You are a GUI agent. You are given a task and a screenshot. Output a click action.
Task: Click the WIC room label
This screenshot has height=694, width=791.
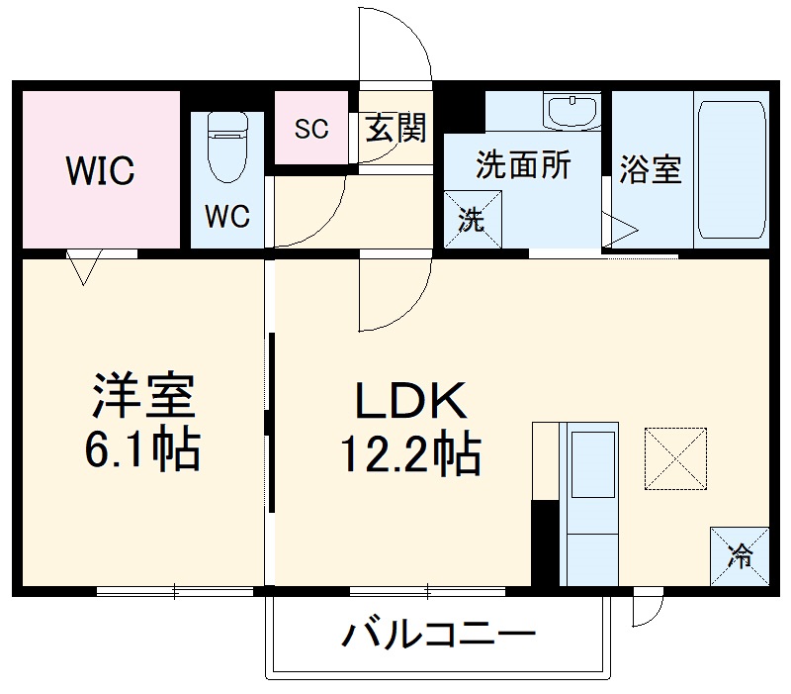(100, 170)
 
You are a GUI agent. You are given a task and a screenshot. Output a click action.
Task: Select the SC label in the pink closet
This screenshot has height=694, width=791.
(311, 129)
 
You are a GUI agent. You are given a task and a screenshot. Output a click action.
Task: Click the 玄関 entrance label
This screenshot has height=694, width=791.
(395, 128)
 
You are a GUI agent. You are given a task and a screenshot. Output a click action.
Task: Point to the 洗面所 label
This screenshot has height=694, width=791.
(523, 165)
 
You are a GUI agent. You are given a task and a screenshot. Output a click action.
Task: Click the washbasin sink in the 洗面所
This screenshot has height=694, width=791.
(572, 111)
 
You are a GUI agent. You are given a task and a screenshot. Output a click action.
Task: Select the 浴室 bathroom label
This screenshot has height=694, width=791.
(651, 169)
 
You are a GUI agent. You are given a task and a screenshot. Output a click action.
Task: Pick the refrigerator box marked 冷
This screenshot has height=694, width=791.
(739, 556)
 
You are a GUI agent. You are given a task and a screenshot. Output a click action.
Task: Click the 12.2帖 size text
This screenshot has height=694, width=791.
(410, 454)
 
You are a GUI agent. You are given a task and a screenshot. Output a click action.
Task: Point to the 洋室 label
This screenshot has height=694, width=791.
(146, 395)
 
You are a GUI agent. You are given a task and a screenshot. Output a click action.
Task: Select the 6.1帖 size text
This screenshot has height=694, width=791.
(145, 450)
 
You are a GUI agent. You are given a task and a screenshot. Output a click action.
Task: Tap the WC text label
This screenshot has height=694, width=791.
(226, 217)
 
